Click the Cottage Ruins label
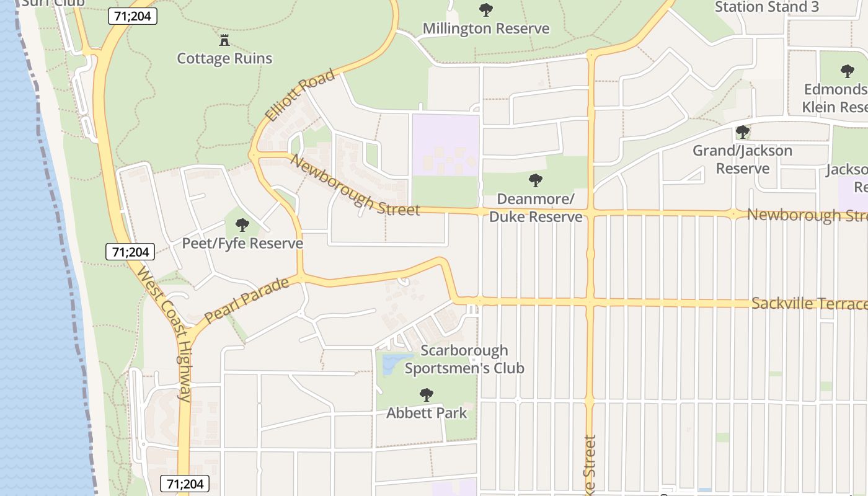point(224,58)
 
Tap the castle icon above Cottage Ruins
point(224,41)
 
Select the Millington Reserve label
point(485,29)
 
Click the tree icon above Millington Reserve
point(486,10)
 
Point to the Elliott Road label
point(300,95)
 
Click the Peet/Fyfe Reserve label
point(242,243)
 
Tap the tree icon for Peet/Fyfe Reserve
point(242,225)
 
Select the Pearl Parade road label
point(246,300)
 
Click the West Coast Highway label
point(164,334)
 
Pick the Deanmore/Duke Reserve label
point(536,208)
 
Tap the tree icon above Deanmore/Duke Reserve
point(536,180)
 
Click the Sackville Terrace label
point(809,304)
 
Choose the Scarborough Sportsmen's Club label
point(464,360)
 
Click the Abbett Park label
point(427,412)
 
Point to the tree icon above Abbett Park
point(426,394)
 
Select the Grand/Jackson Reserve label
point(742,159)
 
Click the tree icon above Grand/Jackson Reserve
point(742,132)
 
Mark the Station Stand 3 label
point(767,7)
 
